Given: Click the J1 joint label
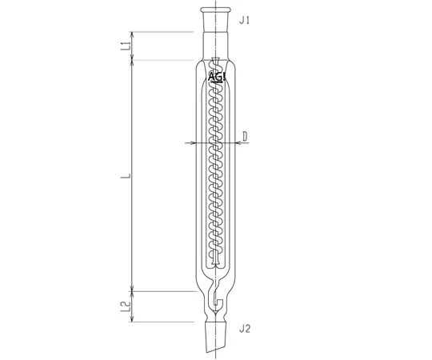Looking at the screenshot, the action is pos(244,20).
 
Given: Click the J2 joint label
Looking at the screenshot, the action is pos(245,329).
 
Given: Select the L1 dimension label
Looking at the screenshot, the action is pos(126,46).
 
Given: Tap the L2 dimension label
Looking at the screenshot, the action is pos(126,306).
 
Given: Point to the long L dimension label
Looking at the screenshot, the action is pos(126,176).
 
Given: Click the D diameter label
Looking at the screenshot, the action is pos(245,136).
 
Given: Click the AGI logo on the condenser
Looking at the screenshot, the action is pos(217,78).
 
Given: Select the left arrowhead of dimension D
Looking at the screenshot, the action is pos(192,142).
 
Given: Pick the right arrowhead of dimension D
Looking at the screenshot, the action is pos(238,142).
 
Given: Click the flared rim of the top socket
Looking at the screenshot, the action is pos(215,10).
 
